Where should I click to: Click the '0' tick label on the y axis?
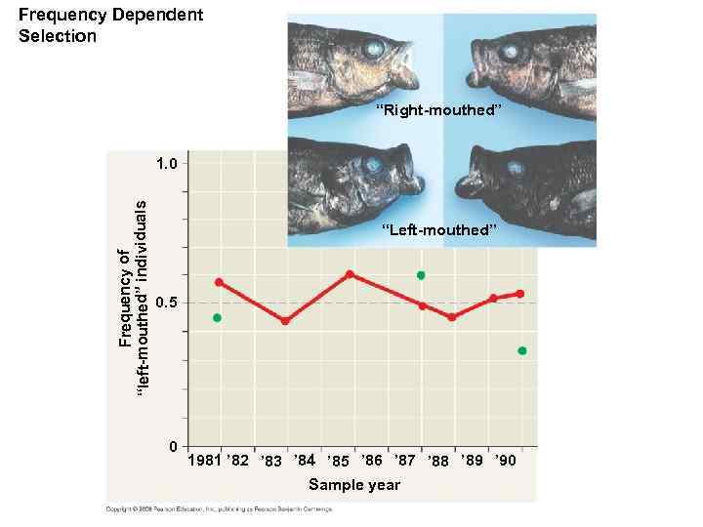tap(173, 447)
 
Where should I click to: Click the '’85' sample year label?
tap(338, 461)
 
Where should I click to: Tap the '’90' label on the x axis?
tap(507, 460)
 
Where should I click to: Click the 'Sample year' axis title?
tap(353, 485)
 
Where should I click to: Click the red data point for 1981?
tap(219, 282)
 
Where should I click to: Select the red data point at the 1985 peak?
tap(350, 274)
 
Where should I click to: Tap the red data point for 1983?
tap(285, 320)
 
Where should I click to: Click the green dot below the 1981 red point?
tap(217, 318)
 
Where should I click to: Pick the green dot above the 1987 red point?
tap(421, 275)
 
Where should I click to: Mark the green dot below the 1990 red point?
tap(522, 350)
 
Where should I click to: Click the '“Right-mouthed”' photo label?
tap(441, 110)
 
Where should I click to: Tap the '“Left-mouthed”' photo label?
tap(440, 230)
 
